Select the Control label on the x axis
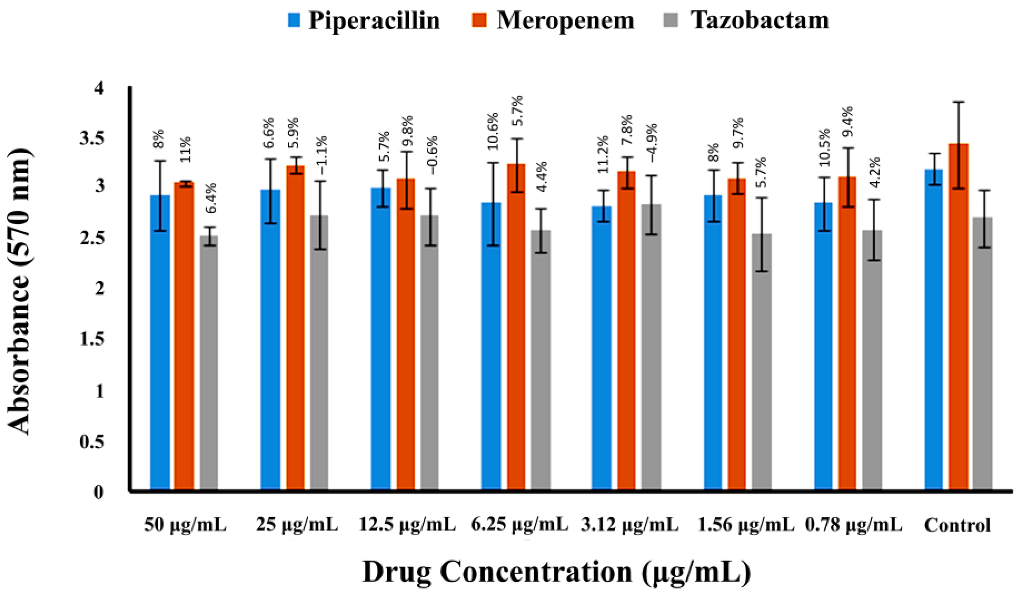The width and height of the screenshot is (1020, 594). coord(957,526)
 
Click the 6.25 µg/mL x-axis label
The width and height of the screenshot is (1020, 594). coord(519,526)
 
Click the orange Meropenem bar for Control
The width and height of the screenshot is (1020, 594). coord(959,316)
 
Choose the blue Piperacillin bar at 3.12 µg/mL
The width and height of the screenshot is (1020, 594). coord(601,349)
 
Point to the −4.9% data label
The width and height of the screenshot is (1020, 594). coord(653,143)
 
